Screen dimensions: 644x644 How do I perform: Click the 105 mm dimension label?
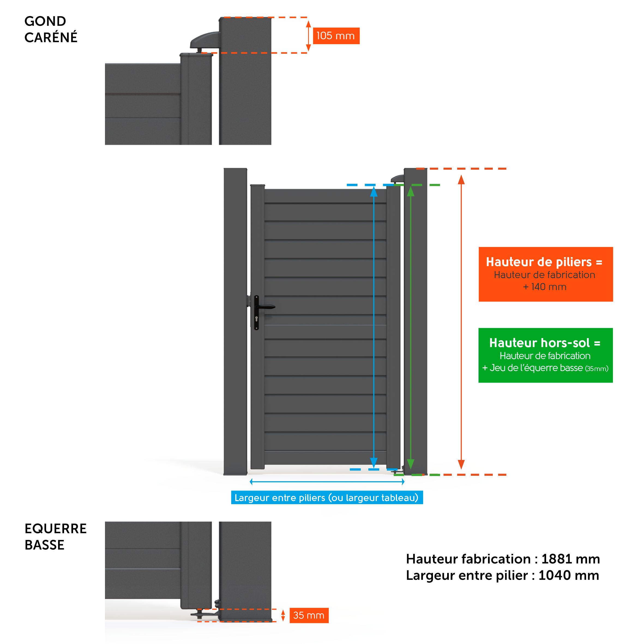coord(336,36)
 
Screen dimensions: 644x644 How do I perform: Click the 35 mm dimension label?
coord(309,615)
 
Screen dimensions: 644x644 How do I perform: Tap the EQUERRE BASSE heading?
coord(55,537)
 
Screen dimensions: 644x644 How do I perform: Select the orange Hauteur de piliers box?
coord(546,274)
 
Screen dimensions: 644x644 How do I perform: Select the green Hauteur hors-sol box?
coord(545,355)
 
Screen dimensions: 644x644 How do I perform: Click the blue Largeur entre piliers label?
coord(327,498)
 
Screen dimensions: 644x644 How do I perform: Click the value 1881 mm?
coord(570,559)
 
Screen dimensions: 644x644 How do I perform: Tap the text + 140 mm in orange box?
coord(545,287)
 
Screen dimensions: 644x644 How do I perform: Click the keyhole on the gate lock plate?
coord(256,319)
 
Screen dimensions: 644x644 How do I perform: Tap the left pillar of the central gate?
coord(235,320)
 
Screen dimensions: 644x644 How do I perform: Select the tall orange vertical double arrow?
coord(461,322)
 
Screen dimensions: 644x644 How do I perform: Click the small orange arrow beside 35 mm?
coord(283,615)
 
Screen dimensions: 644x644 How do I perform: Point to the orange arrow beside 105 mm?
coord(308,36)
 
